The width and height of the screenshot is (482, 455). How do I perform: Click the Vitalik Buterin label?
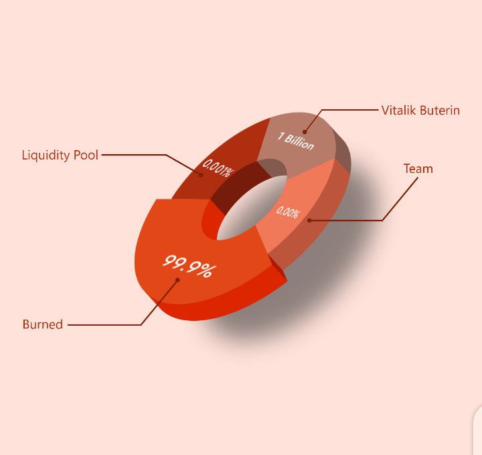click(x=420, y=110)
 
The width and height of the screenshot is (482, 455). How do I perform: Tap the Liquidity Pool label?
click(x=60, y=155)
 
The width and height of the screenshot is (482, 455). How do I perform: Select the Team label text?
click(x=418, y=169)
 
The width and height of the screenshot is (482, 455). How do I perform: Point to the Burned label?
click(x=43, y=324)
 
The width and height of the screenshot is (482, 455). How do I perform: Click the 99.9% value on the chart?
click(x=189, y=266)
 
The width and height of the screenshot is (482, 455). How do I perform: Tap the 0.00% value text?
click(x=287, y=212)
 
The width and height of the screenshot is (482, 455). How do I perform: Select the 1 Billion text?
click(x=296, y=141)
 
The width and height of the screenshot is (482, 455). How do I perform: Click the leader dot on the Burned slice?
click(x=177, y=279)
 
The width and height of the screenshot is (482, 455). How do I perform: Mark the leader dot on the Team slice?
click(x=309, y=220)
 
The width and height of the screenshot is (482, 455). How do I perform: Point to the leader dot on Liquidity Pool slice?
click(x=201, y=175)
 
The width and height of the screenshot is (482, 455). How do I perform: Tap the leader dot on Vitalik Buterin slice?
click(x=305, y=132)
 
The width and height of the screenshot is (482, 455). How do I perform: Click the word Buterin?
click(x=440, y=110)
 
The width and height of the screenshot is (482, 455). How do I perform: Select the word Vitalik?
click(x=399, y=110)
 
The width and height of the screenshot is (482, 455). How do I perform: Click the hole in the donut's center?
click(x=252, y=208)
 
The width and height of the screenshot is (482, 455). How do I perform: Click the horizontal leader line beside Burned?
click(x=104, y=324)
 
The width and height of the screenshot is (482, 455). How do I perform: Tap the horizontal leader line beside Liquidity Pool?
click(x=134, y=155)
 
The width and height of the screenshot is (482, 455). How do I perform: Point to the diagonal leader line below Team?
click(x=400, y=199)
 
